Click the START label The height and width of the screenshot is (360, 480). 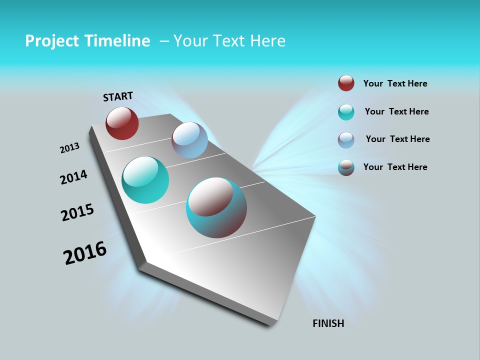coord(118,96)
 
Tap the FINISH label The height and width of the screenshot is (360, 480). coord(328,323)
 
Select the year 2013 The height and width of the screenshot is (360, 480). coord(69,148)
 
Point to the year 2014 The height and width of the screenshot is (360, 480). coord(73,177)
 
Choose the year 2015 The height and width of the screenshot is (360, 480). coord(77,212)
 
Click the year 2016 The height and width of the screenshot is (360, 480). coord(85,253)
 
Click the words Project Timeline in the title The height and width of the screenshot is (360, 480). coord(87,41)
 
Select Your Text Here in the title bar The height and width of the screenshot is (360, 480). coord(229,41)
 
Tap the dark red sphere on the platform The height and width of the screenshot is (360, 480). coord(122,123)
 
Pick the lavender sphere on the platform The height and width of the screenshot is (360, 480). coord(189,140)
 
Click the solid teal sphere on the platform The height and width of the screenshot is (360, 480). coord(145,180)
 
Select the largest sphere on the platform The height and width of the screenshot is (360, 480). coord(216,207)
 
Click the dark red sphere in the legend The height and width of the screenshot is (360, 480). coord(346,83)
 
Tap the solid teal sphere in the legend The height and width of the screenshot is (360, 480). coord(346,112)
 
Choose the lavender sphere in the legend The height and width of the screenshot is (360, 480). coord(346,140)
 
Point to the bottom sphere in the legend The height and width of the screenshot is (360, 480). coord(346,167)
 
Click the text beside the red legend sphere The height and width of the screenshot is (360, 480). coord(395,83)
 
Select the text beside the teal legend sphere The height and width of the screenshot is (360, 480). coord(396,111)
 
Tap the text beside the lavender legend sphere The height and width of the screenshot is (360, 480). coord(397,139)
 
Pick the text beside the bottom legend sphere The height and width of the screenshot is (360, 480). coord(395,167)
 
